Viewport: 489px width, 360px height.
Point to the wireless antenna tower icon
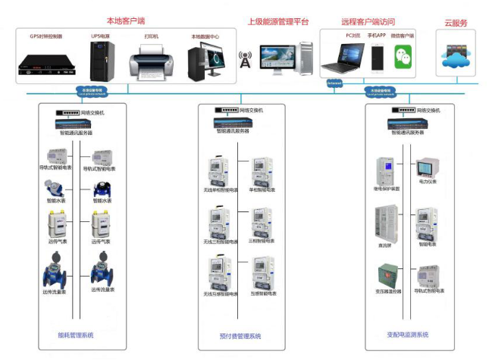pyautogui.click(x=245, y=58)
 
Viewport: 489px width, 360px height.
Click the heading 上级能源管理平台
pyautogui.click(x=278, y=22)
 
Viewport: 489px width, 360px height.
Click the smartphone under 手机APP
pyautogui.click(x=377, y=58)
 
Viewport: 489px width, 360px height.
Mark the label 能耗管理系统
pyautogui.click(x=76, y=335)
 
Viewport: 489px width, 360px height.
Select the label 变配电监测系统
pyautogui.click(x=407, y=334)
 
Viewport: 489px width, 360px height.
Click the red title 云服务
pyautogui.click(x=456, y=23)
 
